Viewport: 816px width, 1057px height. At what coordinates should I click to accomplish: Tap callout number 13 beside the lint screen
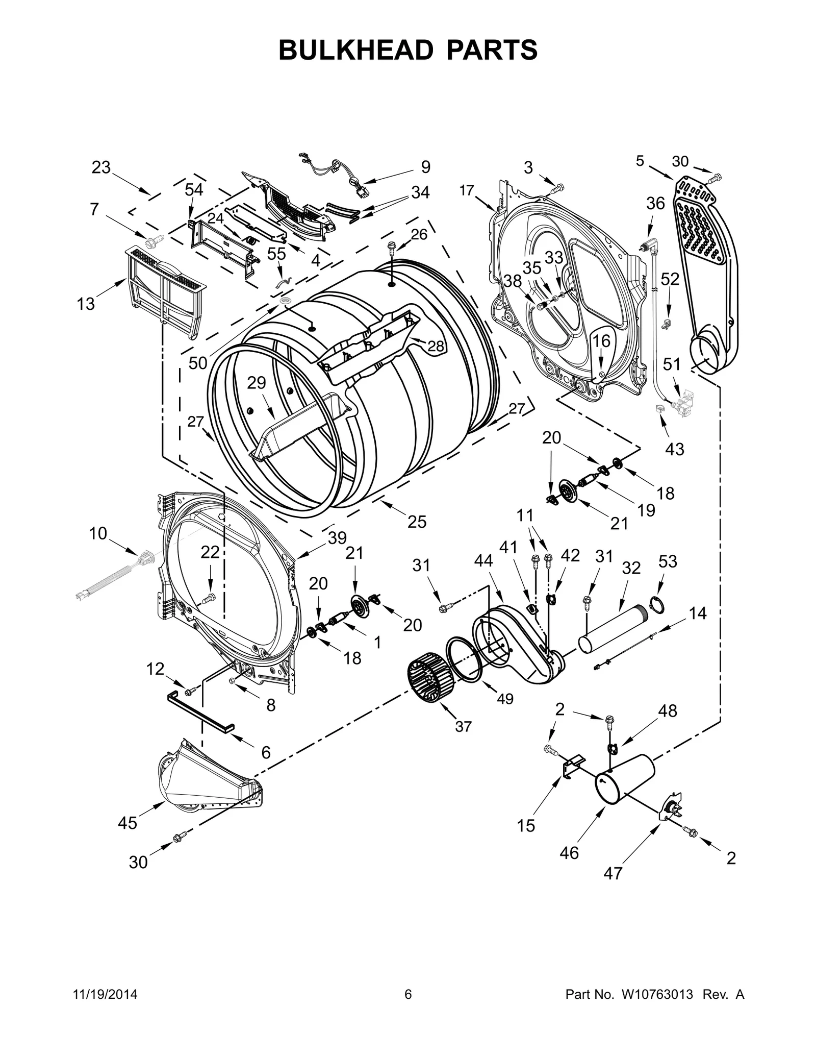(x=86, y=304)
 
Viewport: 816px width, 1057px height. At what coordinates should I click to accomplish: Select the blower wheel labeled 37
(x=427, y=680)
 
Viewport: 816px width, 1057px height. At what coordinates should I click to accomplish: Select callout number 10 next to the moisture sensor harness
(x=98, y=533)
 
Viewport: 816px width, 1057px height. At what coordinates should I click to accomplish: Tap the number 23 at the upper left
(x=101, y=167)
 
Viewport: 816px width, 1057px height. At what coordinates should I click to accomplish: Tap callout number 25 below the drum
(x=417, y=522)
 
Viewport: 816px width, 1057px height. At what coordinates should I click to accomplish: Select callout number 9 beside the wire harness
(x=426, y=167)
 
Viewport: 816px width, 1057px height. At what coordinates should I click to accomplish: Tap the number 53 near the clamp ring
(x=667, y=561)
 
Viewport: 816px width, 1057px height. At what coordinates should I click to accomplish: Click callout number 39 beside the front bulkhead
(x=337, y=538)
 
